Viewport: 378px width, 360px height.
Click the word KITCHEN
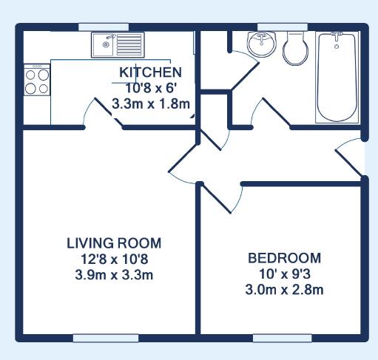150,72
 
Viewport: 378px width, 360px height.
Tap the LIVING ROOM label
114,243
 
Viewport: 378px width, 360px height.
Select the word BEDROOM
284,258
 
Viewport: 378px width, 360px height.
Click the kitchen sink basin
104,45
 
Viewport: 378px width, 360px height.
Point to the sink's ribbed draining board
129,45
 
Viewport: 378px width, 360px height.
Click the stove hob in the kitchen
37,80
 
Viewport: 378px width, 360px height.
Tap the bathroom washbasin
262,44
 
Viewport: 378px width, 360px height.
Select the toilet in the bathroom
295,48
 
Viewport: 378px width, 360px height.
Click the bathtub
337,78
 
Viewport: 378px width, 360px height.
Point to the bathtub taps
337,35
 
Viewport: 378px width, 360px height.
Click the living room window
106,338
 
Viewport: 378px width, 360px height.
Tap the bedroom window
283,338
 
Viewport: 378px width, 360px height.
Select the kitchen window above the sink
104,27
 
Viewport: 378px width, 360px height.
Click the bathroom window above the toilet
283,27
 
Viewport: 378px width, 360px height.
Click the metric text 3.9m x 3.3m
114,275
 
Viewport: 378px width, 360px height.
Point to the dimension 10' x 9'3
285,274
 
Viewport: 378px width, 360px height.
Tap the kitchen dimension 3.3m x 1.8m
151,103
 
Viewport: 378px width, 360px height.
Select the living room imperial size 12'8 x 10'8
114,259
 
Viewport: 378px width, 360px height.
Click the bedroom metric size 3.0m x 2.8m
284,290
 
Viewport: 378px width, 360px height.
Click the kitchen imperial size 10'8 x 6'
151,88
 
